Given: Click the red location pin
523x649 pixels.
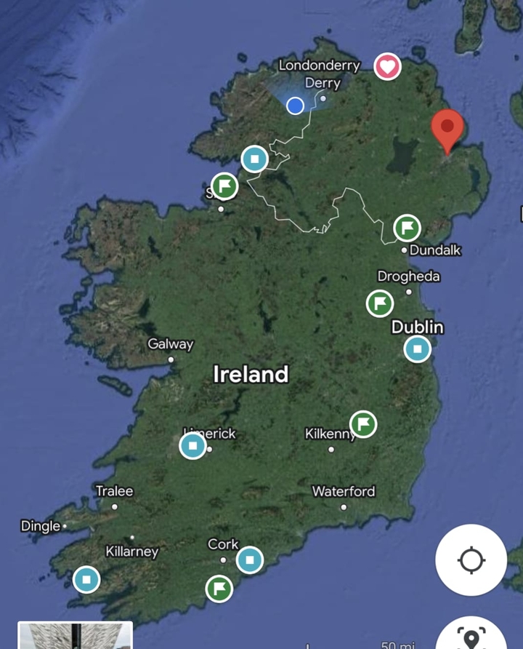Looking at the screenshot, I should tap(447, 129).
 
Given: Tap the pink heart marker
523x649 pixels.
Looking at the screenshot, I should tap(387, 67).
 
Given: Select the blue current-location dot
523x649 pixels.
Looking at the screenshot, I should tap(295, 105).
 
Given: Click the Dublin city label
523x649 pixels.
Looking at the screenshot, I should tap(417, 327).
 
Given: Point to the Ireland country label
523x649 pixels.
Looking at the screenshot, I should tap(251, 375).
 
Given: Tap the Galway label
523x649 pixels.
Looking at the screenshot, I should tap(171, 344).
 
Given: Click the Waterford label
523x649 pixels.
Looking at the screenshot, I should tap(344, 492).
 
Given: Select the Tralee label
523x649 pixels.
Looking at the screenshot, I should tap(115, 492).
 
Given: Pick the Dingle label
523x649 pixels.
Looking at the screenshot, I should tap(41, 526).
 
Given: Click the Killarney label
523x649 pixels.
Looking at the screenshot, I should tap(131, 552).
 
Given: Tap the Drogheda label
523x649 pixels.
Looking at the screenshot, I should tap(408, 276).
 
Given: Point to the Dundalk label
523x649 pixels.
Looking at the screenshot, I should tap(435, 250).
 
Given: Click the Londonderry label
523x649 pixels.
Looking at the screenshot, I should tap(320, 65).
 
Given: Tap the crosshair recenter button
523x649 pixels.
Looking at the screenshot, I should tap(471, 560).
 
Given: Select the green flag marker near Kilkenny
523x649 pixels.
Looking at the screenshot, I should tap(363, 423).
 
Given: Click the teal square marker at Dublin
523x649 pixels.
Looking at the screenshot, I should tap(417, 349).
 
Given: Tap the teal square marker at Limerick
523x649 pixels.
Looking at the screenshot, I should tap(192, 445).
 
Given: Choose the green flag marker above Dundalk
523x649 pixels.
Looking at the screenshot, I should tap(408, 228).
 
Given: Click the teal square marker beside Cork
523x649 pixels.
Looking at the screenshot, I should tap(249, 560).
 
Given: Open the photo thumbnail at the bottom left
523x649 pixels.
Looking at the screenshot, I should tap(75, 635).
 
